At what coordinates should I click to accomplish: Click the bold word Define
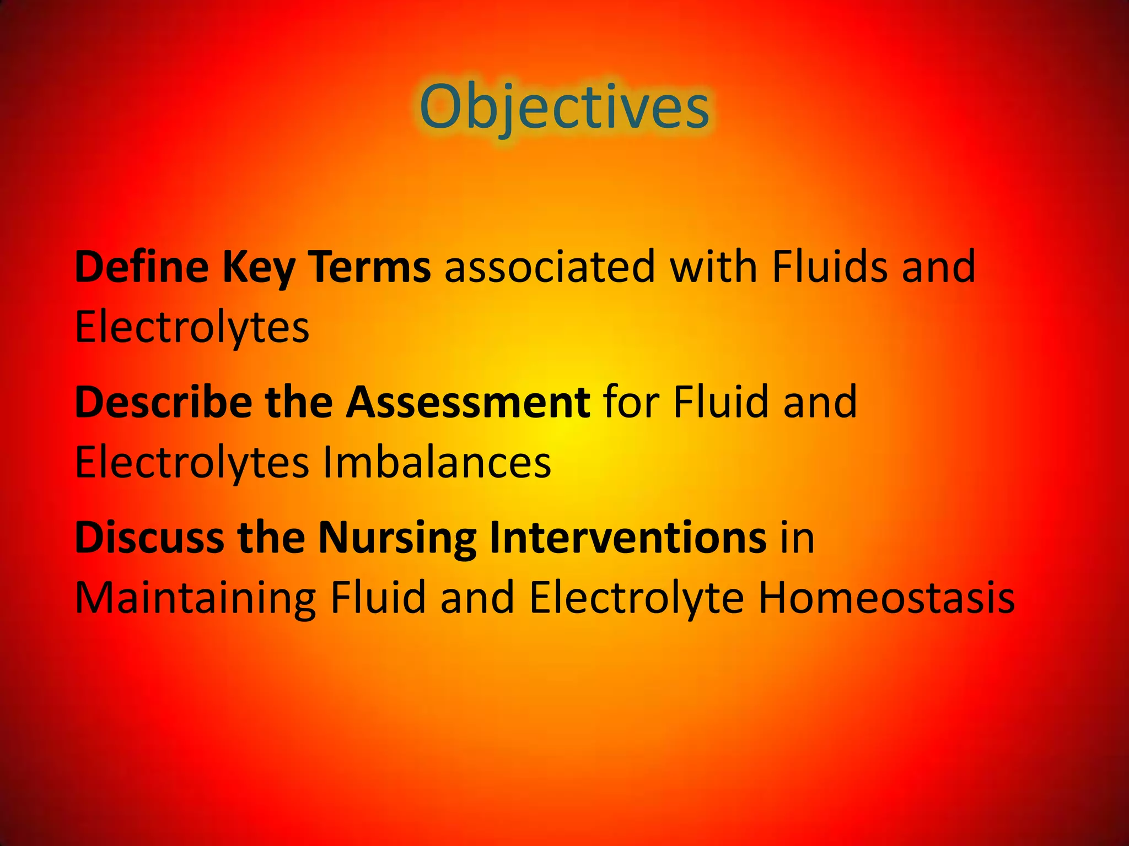(x=142, y=267)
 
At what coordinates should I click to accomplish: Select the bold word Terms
(x=369, y=267)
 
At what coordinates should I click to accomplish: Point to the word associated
(x=550, y=267)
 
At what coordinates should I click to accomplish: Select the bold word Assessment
(x=468, y=402)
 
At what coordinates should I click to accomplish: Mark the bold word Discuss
(x=149, y=538)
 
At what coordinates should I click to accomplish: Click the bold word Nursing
(x=397, y=539)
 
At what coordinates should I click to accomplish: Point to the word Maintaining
(x=195, y=598)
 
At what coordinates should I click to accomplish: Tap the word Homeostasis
(x=886, y=598)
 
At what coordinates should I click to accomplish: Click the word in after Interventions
(x=797, y=538)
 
